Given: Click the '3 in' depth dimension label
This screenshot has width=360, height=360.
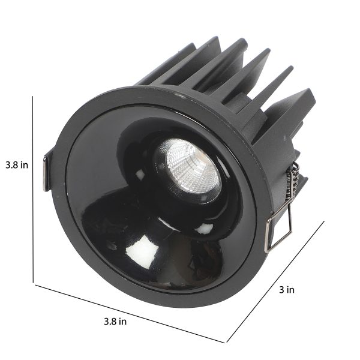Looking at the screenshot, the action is click(287, 290).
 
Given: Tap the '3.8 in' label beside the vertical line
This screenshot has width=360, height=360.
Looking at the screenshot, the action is click(17, 165).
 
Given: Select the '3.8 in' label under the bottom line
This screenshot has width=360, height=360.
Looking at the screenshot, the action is click(115, 322).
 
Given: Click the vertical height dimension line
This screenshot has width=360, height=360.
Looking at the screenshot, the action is click(33, 190).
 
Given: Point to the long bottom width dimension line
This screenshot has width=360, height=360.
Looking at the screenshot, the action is click(130, 314).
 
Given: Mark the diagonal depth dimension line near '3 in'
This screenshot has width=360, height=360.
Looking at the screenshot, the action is click(275, 281).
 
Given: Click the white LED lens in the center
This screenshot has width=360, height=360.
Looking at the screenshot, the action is click(192, 166).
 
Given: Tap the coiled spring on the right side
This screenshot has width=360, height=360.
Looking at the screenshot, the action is click(291, 181).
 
